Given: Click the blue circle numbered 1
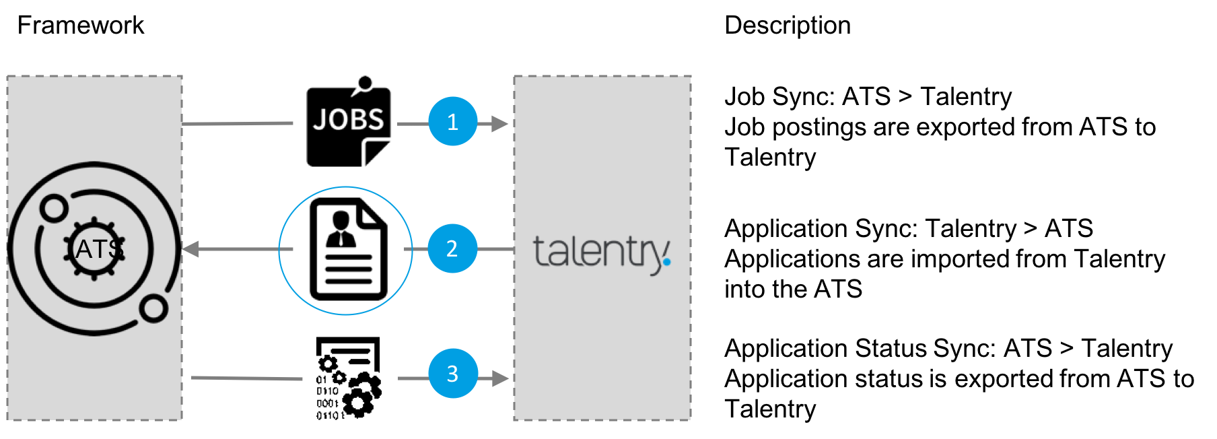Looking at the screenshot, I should pyautogui.click(x=453, y=122).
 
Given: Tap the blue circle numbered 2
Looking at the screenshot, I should pyautogui.click(x=452, y=248).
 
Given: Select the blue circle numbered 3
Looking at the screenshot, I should pyautogui.click(x=452, y=374).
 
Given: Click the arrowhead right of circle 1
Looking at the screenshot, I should pyautogui.click(x=499, y=124).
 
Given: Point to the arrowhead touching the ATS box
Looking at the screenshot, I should pyautogui.click(x=190, y=249).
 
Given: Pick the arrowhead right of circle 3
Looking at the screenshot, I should pyautogui.click(x=500, y=378).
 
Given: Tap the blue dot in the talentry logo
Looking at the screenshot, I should pyautogui.click(x=666, y=261).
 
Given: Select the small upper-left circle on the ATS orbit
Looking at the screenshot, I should pyautogui.click(x=53, y=208).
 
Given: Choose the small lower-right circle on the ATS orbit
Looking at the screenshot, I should pyautogui.click(x=154, y=308).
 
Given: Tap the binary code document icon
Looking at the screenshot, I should pyautogui.click(x=349, y=378).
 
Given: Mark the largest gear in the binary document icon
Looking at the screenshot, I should pyautogui.click(x=357, y=402).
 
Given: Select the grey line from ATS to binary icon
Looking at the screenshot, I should pyautogui.click(x=246, y=378).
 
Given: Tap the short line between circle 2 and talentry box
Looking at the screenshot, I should pyautogui.click(x=495, y=249).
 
